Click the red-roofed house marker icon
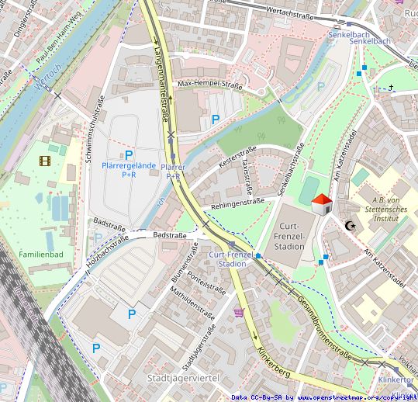point(322,204)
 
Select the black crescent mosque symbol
point(351,225)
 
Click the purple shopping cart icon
point(239,313)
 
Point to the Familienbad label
point(42,254)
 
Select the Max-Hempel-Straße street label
point(210,84)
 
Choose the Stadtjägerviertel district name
point(182,377)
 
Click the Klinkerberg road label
point(275,362)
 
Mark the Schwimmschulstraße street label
point(95,128)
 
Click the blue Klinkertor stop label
point(396,379)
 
